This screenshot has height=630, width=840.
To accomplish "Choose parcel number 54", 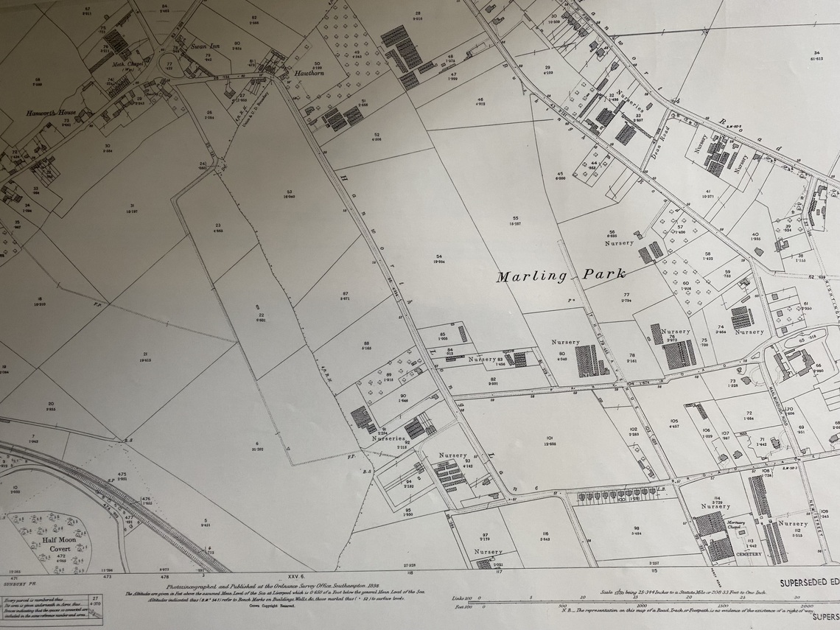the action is click(439, 256).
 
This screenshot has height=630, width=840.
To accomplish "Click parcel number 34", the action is click(816, 52).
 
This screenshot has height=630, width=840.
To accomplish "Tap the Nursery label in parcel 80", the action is click(565, 343).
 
